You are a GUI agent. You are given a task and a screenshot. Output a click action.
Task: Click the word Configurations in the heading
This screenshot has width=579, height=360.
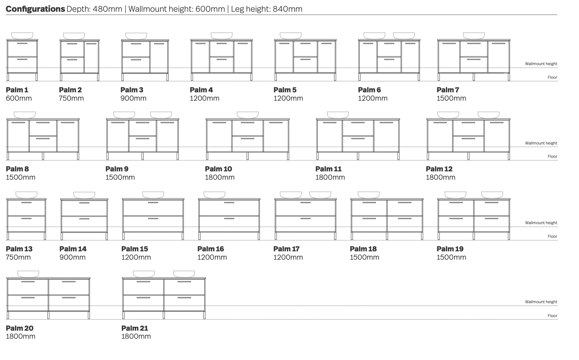coord(35,9)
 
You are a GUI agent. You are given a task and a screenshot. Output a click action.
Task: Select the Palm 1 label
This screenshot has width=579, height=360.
coord(17,90)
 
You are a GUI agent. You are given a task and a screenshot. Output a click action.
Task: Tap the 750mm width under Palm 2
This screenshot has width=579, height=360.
coord(71,98)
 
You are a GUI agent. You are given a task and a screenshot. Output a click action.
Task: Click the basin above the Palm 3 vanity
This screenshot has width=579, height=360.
coord(136,36)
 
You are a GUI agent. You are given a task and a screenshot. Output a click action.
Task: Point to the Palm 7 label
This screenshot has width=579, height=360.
coord(448,90)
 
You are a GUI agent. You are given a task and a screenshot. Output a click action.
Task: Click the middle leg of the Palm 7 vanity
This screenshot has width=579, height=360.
coord(474,77)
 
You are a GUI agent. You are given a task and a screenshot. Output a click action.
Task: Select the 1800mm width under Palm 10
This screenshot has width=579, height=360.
coord(220,177)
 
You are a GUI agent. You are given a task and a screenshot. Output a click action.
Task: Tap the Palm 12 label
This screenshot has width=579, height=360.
coord(439,169)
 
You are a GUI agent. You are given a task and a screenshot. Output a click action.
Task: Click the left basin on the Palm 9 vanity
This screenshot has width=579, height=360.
coord(124,115)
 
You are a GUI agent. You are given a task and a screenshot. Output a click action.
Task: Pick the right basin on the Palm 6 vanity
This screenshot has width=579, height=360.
coord(404,36)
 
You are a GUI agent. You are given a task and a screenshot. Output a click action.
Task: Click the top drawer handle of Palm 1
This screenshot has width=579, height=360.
coord(22,44)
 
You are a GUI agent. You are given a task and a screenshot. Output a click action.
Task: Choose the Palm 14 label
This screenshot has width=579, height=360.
coord(73,249)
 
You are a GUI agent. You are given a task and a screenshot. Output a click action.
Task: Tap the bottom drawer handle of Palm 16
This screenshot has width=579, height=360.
coord(229,219)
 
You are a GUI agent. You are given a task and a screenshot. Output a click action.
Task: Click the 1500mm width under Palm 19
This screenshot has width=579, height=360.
coord(451,257)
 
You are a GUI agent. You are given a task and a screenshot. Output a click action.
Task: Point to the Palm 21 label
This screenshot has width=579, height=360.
coord(135,328)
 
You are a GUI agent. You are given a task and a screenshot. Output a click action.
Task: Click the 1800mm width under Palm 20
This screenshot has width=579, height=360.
coord(21,336)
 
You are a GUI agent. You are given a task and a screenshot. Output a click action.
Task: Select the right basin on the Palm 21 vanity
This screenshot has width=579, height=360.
coord(184,274)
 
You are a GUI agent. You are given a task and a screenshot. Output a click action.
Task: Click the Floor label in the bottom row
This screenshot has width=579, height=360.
coord(552,316)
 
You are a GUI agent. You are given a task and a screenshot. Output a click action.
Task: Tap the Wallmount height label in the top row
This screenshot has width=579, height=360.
coord(541,64)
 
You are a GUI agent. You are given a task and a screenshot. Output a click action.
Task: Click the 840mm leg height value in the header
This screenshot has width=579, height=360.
coord(288,9)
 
